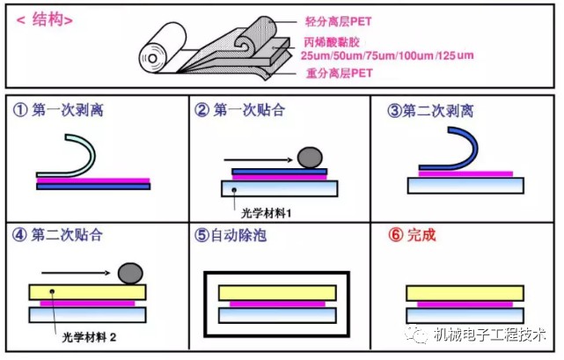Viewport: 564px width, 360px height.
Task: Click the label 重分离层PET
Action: pos(339,73)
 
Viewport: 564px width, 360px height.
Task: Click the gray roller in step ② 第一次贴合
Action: pos(310,158)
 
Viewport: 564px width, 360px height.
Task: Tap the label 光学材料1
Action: pos(267,211)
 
